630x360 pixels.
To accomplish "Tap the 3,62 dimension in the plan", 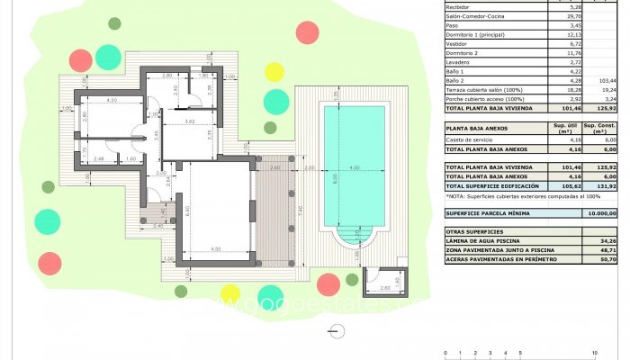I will (x=190, y=121).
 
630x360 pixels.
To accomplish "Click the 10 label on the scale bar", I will (x=594, y=353).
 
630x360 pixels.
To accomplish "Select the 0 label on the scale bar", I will (x=445, y=353).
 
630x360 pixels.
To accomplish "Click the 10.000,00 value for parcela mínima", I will (x=600, y=213).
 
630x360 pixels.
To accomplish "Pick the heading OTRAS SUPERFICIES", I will (x=475, y=232).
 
